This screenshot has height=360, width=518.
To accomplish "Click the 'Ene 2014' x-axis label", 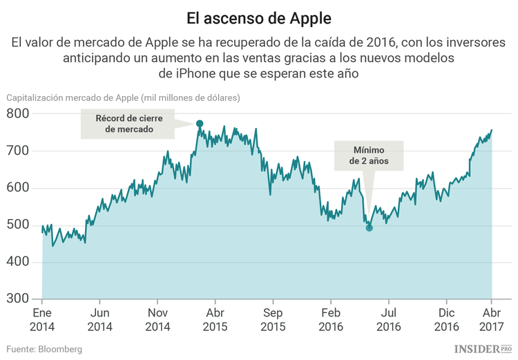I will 42,320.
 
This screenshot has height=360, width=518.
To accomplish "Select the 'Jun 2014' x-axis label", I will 99,320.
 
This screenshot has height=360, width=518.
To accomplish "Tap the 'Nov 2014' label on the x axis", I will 157,320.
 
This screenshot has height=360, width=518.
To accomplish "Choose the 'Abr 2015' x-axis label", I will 215,320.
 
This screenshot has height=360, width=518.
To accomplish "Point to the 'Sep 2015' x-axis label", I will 273,320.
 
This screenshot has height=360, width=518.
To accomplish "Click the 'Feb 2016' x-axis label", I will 331,320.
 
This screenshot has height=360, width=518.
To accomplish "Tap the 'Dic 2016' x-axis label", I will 446,320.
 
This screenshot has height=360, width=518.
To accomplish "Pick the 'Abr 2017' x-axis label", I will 491,320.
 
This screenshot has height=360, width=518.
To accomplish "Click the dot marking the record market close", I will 200,124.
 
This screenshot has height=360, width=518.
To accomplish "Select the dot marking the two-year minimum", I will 370,227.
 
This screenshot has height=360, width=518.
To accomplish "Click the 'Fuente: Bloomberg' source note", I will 45,349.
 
